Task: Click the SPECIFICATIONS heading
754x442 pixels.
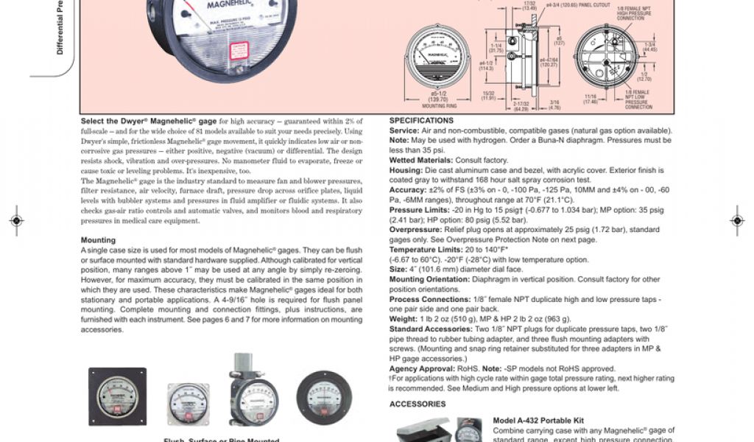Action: coord(421,120)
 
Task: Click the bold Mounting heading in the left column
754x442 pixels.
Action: coord(98,240)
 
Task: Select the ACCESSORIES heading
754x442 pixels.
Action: coord(417,404)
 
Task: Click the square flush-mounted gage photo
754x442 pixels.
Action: coord(118,396)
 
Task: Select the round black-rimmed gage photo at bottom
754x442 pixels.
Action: coord(324,398)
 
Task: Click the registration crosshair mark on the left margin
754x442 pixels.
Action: coord(16,220)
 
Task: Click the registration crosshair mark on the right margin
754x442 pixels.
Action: coord(737,220)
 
